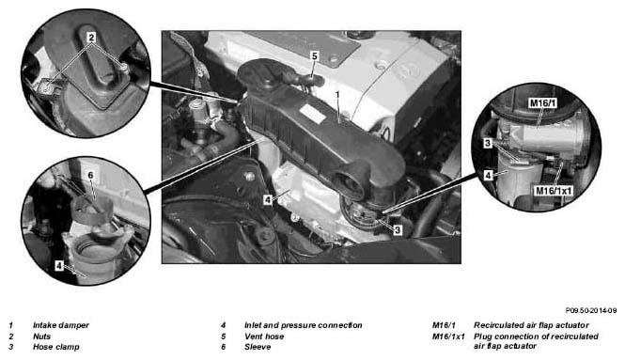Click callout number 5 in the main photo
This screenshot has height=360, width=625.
point(315,56)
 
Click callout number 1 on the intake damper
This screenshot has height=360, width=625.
point(337,95)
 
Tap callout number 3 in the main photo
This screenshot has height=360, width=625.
point(397,230)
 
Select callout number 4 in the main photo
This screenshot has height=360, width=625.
point(268,199)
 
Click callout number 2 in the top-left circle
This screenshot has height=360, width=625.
point(91,38)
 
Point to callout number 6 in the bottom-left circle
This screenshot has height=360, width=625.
point(90,176)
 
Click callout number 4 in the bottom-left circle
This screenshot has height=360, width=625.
point(59,265)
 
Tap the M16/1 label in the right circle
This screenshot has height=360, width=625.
point(543,103)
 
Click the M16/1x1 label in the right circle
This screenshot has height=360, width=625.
point(555,191)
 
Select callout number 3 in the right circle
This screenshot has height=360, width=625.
point(488,143)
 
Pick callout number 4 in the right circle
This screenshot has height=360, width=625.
point(488,175)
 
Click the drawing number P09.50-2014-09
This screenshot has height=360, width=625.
point(591,310)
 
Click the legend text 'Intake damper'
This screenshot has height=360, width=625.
point(61,325)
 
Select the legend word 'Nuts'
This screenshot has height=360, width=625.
point(42,337)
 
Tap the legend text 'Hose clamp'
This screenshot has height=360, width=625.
point(56,347)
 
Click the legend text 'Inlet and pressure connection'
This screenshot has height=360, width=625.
point(304,325)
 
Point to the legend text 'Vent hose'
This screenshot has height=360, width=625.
point(264,337)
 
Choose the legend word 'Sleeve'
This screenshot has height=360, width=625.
point(258,347)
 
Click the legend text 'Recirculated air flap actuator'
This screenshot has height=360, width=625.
point(531,325)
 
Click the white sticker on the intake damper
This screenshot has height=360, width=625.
point(313,115)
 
